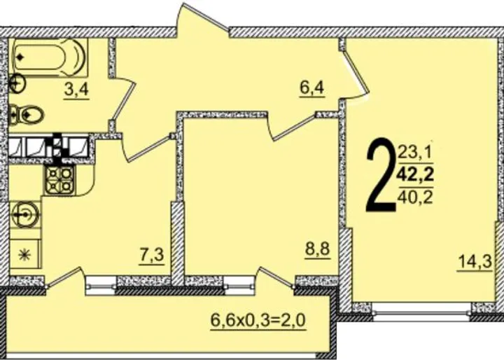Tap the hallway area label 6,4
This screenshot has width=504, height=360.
coord(312,88)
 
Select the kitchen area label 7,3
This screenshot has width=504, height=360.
coord(152,256)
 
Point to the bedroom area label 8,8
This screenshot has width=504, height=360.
coord(318,249)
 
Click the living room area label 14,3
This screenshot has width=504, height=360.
coord(475,262)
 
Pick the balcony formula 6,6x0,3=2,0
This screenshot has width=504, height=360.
coord(258,321)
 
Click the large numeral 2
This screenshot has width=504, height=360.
coord(381,175)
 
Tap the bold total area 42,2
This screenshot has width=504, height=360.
coord(415,175)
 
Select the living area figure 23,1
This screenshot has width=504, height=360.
coord(416,152)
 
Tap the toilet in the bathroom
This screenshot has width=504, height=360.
coord(26,114)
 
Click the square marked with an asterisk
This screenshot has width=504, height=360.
coord(25,256)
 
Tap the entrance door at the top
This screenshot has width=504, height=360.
coord(203,20)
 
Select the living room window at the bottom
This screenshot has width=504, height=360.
coord(421,311)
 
